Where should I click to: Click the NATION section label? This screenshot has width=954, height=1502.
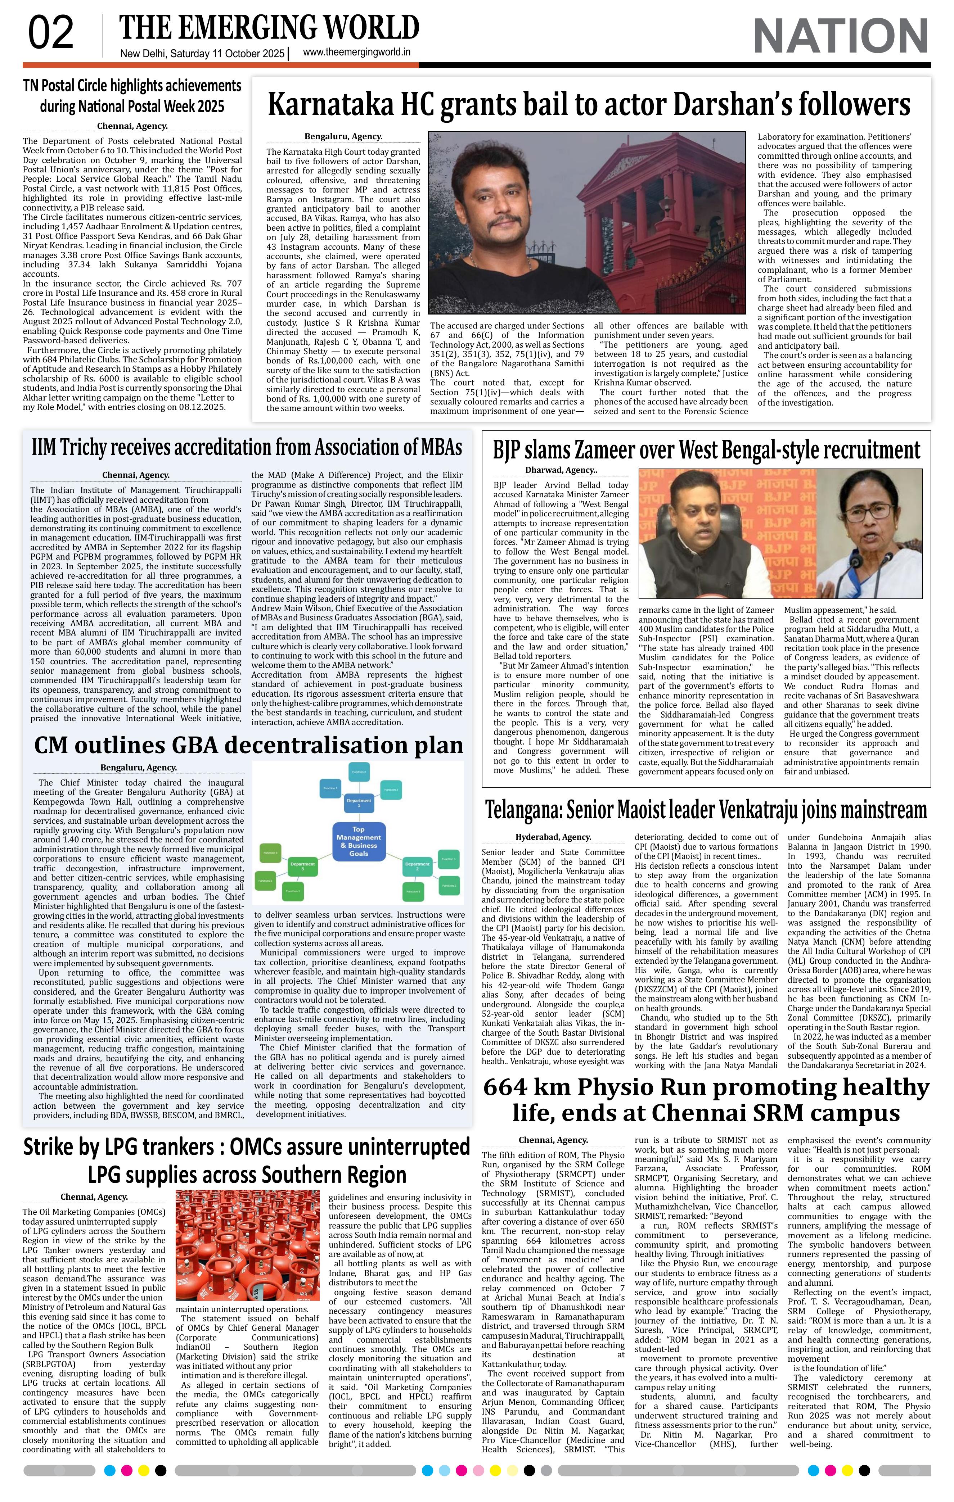point(841,36)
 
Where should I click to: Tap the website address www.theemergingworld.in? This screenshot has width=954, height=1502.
point(356,53)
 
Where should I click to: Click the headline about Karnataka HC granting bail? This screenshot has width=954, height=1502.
point(588,104)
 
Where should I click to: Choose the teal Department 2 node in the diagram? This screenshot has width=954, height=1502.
point(417,867)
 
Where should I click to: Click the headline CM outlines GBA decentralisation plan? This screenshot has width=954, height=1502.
point(248,745)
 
